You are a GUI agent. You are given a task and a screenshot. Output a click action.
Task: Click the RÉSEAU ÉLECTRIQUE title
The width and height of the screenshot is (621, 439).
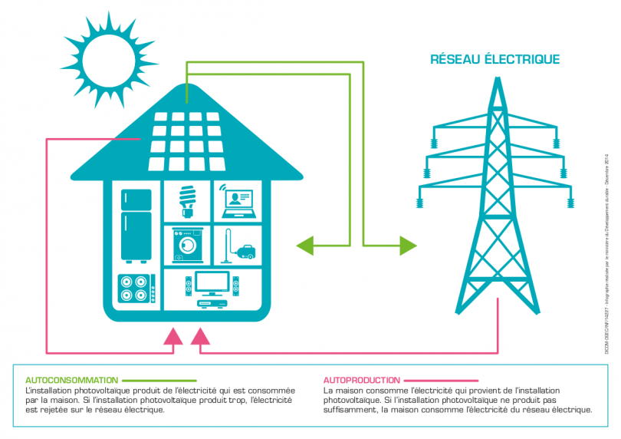495,59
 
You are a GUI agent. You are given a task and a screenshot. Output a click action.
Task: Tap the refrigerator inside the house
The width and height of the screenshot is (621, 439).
136,225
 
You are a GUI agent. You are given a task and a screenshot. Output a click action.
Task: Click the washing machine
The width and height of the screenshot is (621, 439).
186,245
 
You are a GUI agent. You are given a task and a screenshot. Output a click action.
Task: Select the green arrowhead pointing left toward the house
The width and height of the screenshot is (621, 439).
306,246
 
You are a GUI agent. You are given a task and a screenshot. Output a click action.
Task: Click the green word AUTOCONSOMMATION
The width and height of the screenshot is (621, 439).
71,380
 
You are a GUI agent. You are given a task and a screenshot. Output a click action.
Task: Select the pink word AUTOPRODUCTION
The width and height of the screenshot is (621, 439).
361,380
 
